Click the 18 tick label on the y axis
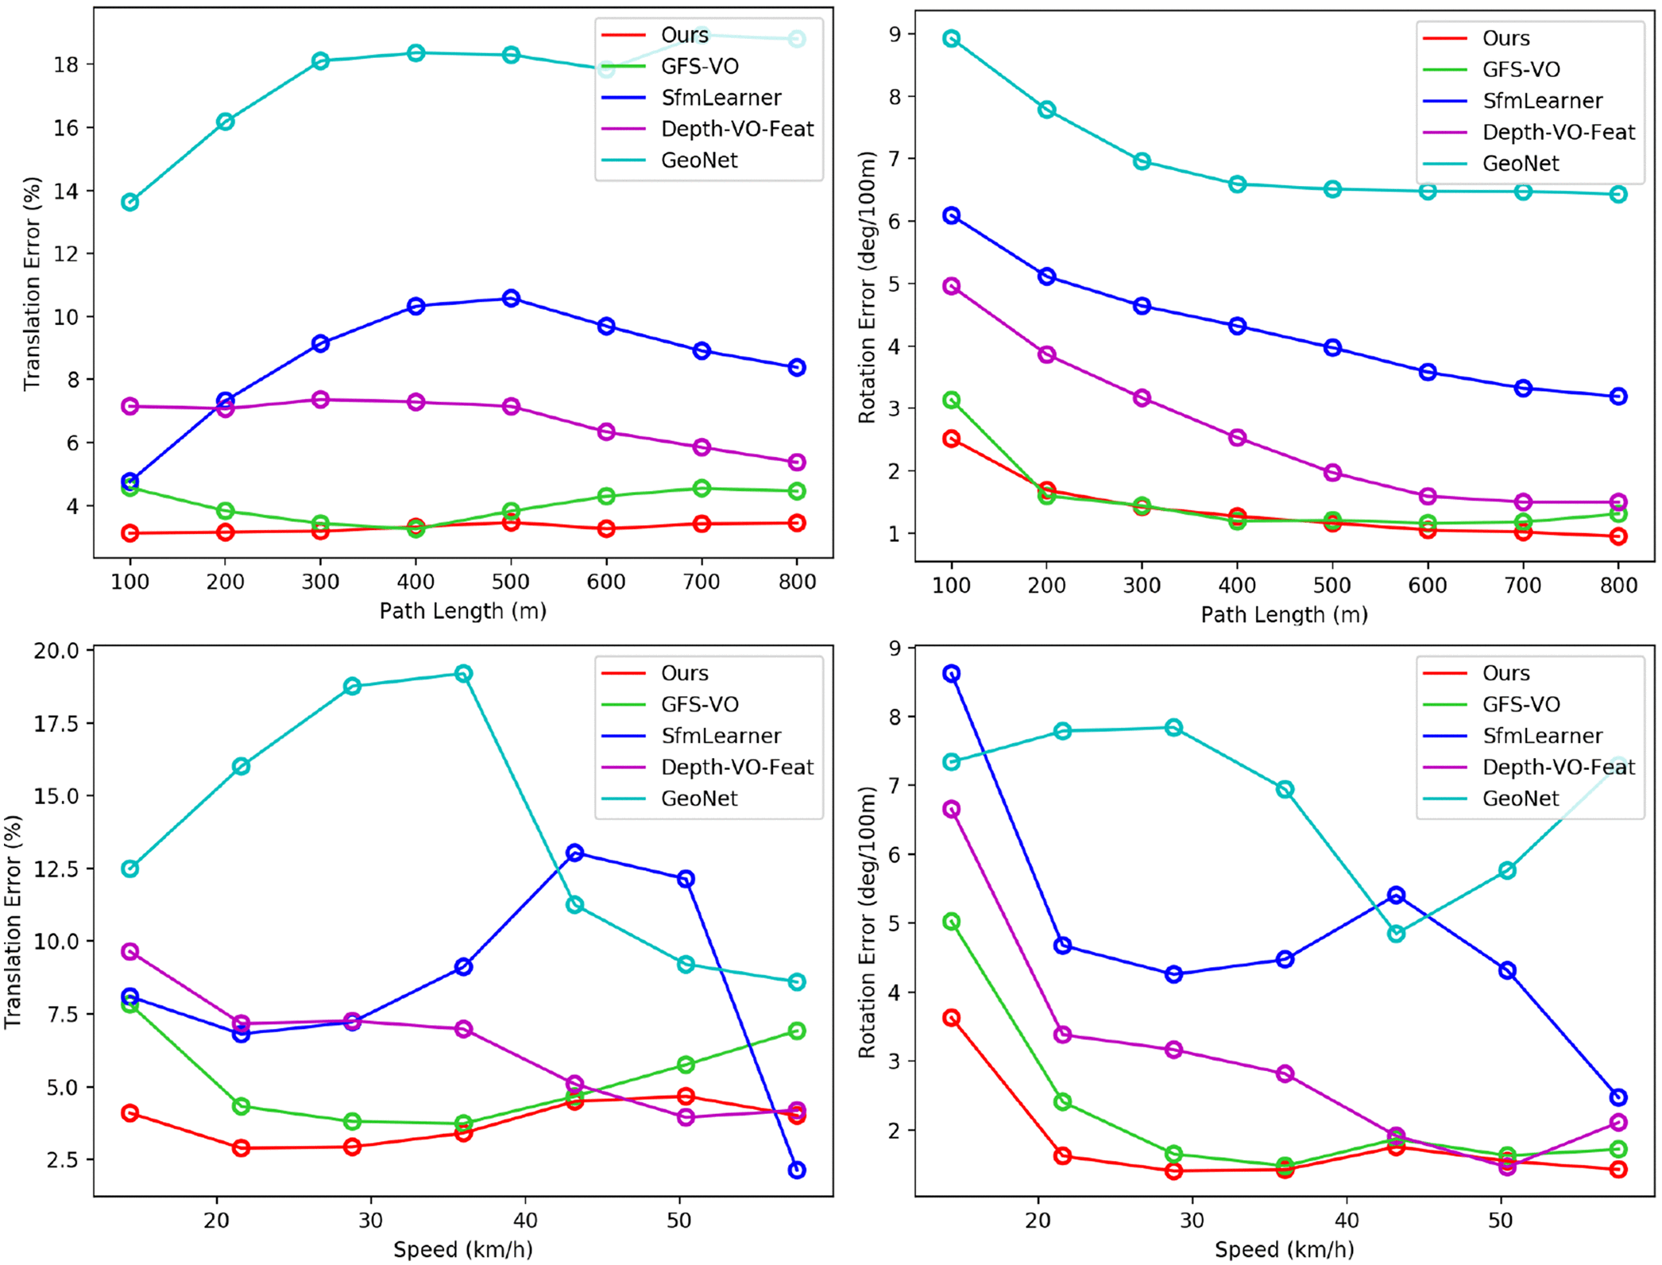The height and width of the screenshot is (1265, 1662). [65, 64]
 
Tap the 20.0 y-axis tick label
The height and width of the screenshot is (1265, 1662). [56, 651]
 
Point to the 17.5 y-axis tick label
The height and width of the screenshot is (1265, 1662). [56, 724]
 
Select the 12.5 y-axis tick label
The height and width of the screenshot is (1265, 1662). [56, 869]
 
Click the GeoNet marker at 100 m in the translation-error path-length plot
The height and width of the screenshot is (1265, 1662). [130, 202]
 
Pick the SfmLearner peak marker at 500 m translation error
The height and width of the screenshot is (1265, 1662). [511, 299]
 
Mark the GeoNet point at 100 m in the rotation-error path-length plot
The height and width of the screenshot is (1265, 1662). [951, 39]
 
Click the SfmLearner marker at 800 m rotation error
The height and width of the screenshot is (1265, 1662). [1618, 397]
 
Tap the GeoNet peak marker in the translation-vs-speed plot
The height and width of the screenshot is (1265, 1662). [463, 674]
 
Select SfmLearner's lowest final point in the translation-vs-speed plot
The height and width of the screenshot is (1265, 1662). [797, 1170]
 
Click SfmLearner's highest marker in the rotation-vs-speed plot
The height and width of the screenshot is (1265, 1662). [951, 674]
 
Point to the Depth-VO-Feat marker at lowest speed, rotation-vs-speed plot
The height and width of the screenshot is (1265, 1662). [951, 809]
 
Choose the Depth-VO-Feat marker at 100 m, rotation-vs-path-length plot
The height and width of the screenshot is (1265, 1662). [951, 286]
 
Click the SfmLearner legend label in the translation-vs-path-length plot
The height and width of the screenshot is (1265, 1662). [721, 98]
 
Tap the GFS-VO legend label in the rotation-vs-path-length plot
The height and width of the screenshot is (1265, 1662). [1521, 70]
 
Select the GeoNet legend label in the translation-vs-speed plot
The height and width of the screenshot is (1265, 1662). [699, 799]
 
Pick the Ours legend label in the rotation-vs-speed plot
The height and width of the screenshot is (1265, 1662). [1505, 673]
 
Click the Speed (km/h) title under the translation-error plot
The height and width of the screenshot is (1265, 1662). [463, 1249]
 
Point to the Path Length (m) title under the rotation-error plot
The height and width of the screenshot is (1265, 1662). [1284, 614]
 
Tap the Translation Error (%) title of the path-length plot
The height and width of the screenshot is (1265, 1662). [32, 284]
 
